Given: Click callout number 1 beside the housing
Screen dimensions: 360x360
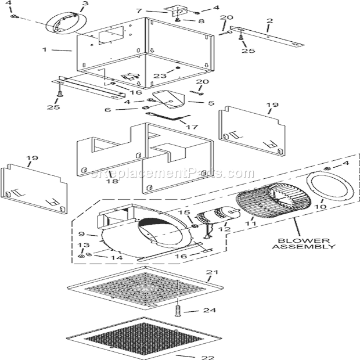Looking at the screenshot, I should click(44, 50).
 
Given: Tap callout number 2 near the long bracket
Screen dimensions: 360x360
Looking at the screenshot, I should click(269, 21).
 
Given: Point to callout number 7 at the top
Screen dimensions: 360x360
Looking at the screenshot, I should click(139, 10).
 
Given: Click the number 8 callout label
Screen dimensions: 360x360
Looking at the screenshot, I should click(201, 21).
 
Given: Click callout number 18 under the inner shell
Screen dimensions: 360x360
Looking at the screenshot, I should click(111, 182).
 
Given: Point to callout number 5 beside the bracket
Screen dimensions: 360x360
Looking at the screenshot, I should click(210, 103).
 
